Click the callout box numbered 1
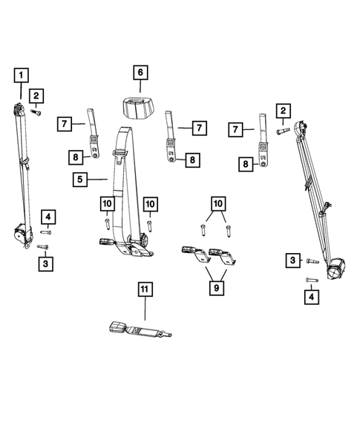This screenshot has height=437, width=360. pos(22,74)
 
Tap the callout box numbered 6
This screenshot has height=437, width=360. pos(140,73)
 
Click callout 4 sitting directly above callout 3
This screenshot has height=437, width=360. pos(48,217)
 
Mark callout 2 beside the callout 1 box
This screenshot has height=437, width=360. pos(36,95)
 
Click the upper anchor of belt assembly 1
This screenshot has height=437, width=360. pos(21,110)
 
